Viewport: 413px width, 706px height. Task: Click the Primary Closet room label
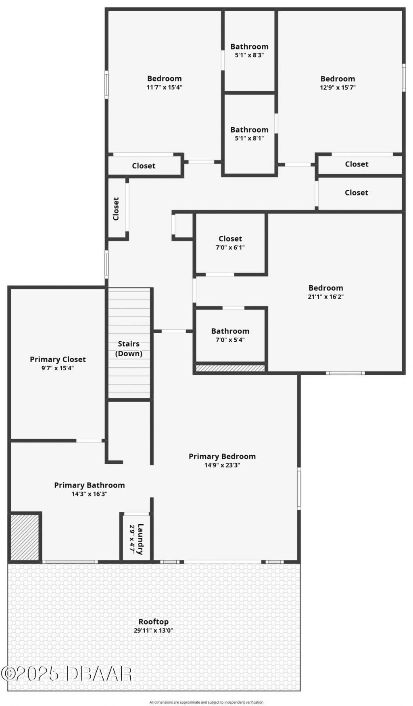point(58,359)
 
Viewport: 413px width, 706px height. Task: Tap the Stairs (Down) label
point(129,349)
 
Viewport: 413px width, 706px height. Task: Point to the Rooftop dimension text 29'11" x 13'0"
point(153,631)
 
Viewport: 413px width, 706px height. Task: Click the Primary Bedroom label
point(222,456)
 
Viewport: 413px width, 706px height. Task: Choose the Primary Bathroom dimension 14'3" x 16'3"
point(90,494)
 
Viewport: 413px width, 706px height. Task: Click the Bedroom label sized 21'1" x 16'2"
point(326,288)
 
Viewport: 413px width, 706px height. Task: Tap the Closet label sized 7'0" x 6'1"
point(230,239)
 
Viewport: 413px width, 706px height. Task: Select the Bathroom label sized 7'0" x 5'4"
point(230,331)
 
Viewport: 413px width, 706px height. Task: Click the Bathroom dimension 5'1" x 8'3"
point(249,55)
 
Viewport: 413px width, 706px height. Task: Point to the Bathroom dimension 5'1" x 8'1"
point(249,138)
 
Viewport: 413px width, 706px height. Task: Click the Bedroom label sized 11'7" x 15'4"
point(164,79)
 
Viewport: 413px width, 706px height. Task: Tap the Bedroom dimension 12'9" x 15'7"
point(338,87)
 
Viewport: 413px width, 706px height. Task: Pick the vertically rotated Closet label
point(116,209)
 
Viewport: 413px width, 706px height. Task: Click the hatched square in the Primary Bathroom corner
point(24,537)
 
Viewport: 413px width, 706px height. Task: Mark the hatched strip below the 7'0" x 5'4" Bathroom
point(230,368)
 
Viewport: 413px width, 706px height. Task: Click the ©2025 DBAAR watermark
point(67,673)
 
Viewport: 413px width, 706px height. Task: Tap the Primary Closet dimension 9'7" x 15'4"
point(58,368)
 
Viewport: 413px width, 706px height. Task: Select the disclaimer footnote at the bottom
point(206,702)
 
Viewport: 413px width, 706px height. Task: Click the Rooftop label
point(153,622)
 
